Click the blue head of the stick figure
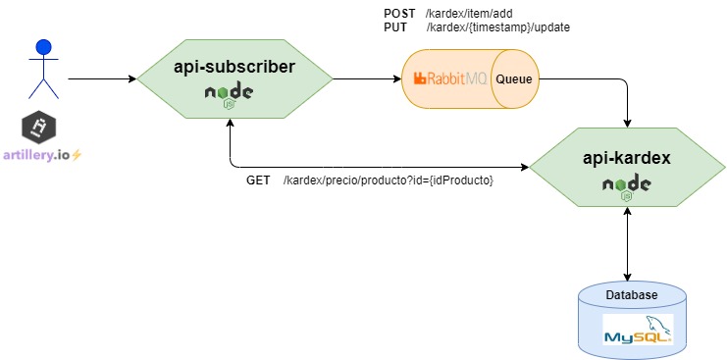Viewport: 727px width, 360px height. click(42, 46)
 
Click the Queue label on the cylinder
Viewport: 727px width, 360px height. click(513, 78)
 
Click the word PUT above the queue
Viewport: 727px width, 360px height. click(394, 27)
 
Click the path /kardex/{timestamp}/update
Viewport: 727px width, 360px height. click(497, 27)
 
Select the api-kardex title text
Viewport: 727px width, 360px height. click(626, 156)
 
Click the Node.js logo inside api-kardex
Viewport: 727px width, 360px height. click(626, 185)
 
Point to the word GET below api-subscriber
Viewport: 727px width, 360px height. click(258, 181)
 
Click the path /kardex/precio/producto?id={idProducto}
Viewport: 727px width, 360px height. click(388, 181)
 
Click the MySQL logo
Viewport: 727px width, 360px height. click(638, 330)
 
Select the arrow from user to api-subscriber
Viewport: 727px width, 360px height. click(102, 77)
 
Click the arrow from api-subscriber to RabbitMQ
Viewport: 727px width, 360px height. click(363, 77)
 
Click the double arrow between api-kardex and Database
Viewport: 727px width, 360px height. click(627, 245)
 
